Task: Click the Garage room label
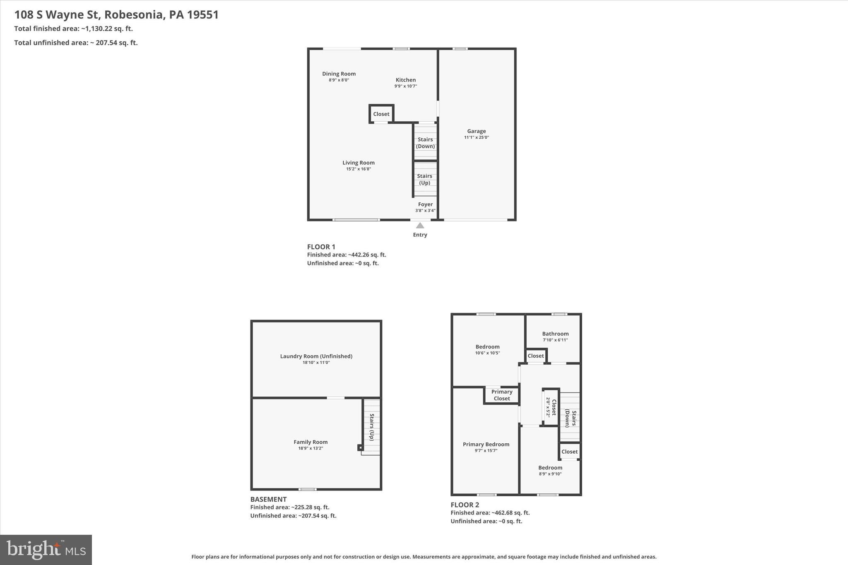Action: [x=476, y=131]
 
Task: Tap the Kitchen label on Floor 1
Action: [x=405, y=80]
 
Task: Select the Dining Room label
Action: [x=339, y=74]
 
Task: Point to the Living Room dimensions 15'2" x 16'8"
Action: [x=358, y=169]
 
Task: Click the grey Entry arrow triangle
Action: [x=420, y=226]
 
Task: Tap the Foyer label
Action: [x=425, y=204]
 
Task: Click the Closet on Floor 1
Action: [x=381, y=114]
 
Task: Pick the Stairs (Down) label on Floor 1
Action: [x=425, y=143]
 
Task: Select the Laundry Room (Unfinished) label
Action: [x=316, y=356]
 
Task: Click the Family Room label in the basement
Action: [x=311, y=442]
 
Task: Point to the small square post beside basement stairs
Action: [x=360, y=447]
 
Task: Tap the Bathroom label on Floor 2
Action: [x=555, y=334]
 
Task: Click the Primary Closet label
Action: [x=502, y=395]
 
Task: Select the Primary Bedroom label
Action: [x=486, y=444]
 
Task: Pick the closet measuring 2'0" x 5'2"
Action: [x=551, y=407]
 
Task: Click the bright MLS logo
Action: [x=46, y=550]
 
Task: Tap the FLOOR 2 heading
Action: [x=465, y=505]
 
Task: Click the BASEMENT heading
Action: [x=268, y=499]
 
